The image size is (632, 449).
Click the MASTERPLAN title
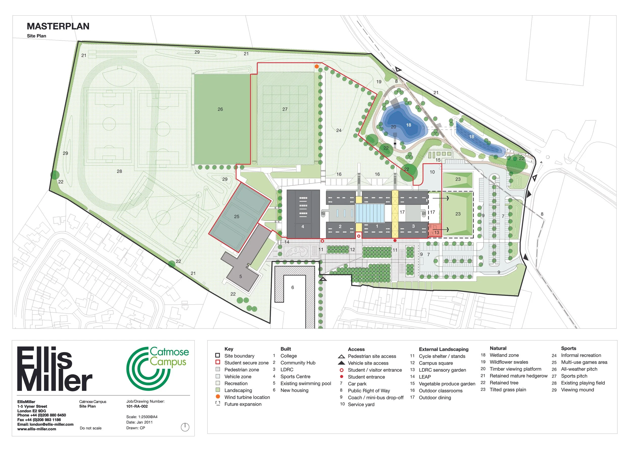58,26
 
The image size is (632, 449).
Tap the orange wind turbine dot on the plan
317,67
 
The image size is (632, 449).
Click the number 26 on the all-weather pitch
220,109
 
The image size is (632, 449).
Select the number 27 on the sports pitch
285,109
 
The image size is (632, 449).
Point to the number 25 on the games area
237,216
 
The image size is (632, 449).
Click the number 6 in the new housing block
292,288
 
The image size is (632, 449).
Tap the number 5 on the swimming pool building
240,277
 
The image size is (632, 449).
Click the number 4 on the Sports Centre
303,227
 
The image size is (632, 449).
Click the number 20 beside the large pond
393,127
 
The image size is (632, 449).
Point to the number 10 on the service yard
432,172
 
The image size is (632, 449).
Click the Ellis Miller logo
55,369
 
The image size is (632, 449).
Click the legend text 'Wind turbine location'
247,397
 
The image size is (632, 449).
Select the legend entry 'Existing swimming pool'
306,384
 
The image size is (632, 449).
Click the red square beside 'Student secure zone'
218,362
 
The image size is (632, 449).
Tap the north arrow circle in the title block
185,427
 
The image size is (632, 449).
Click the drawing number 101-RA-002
137,406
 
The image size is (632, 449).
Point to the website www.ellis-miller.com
37,429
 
